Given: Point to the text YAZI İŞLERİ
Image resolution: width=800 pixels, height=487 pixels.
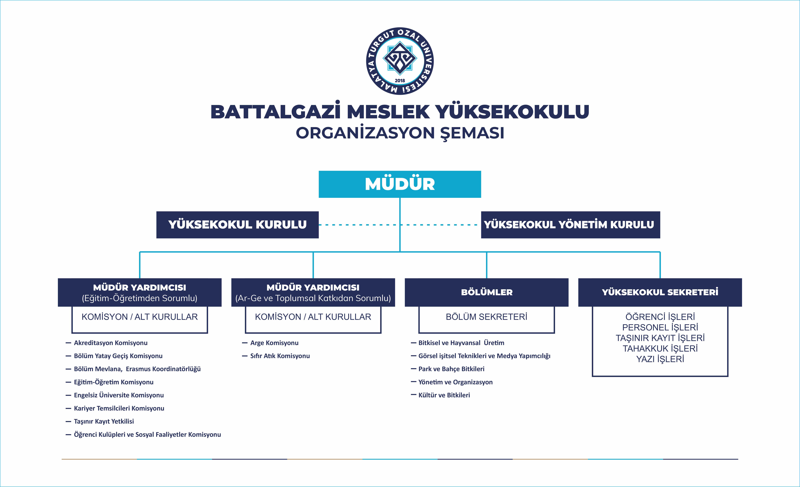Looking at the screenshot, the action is (660, 359).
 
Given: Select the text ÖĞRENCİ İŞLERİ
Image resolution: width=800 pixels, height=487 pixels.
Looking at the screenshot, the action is (660, 317).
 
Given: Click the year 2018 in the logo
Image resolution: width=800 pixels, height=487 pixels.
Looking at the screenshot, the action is (400, 80).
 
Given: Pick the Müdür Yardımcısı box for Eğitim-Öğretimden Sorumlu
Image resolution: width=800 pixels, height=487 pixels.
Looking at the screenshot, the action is (140, 292).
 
